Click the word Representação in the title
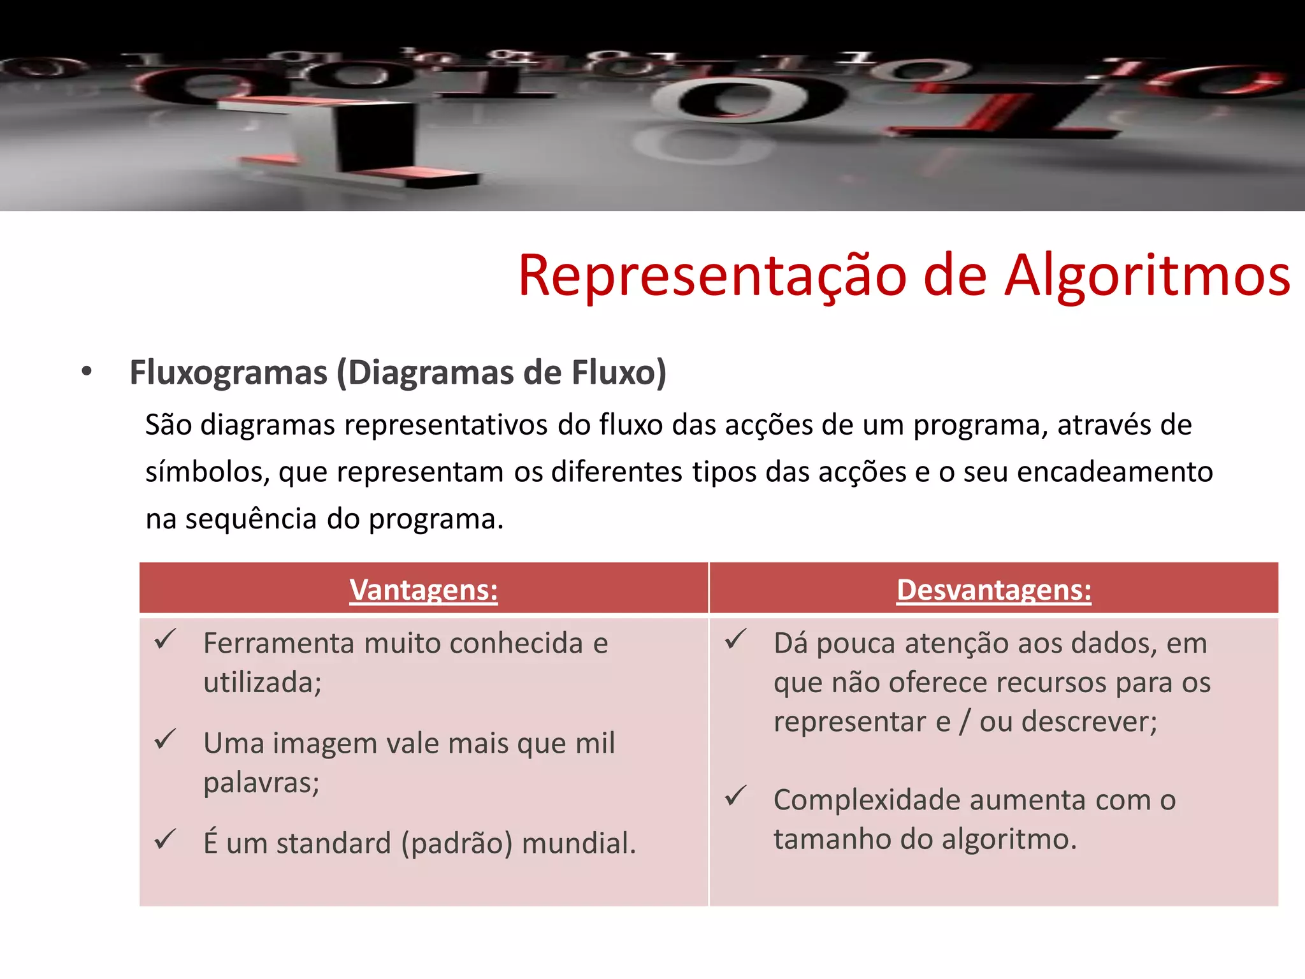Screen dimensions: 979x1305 (712, 275)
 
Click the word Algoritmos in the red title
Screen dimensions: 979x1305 (1148, 275)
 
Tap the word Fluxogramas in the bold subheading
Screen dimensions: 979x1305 (228, 372)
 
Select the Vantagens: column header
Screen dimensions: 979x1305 (424, 590)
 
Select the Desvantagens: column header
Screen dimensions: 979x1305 (993, 590)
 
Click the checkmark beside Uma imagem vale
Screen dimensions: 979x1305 (165, 739)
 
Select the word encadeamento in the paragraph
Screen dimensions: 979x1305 (1114, 472)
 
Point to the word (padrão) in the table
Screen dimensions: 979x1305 (456, 843)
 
